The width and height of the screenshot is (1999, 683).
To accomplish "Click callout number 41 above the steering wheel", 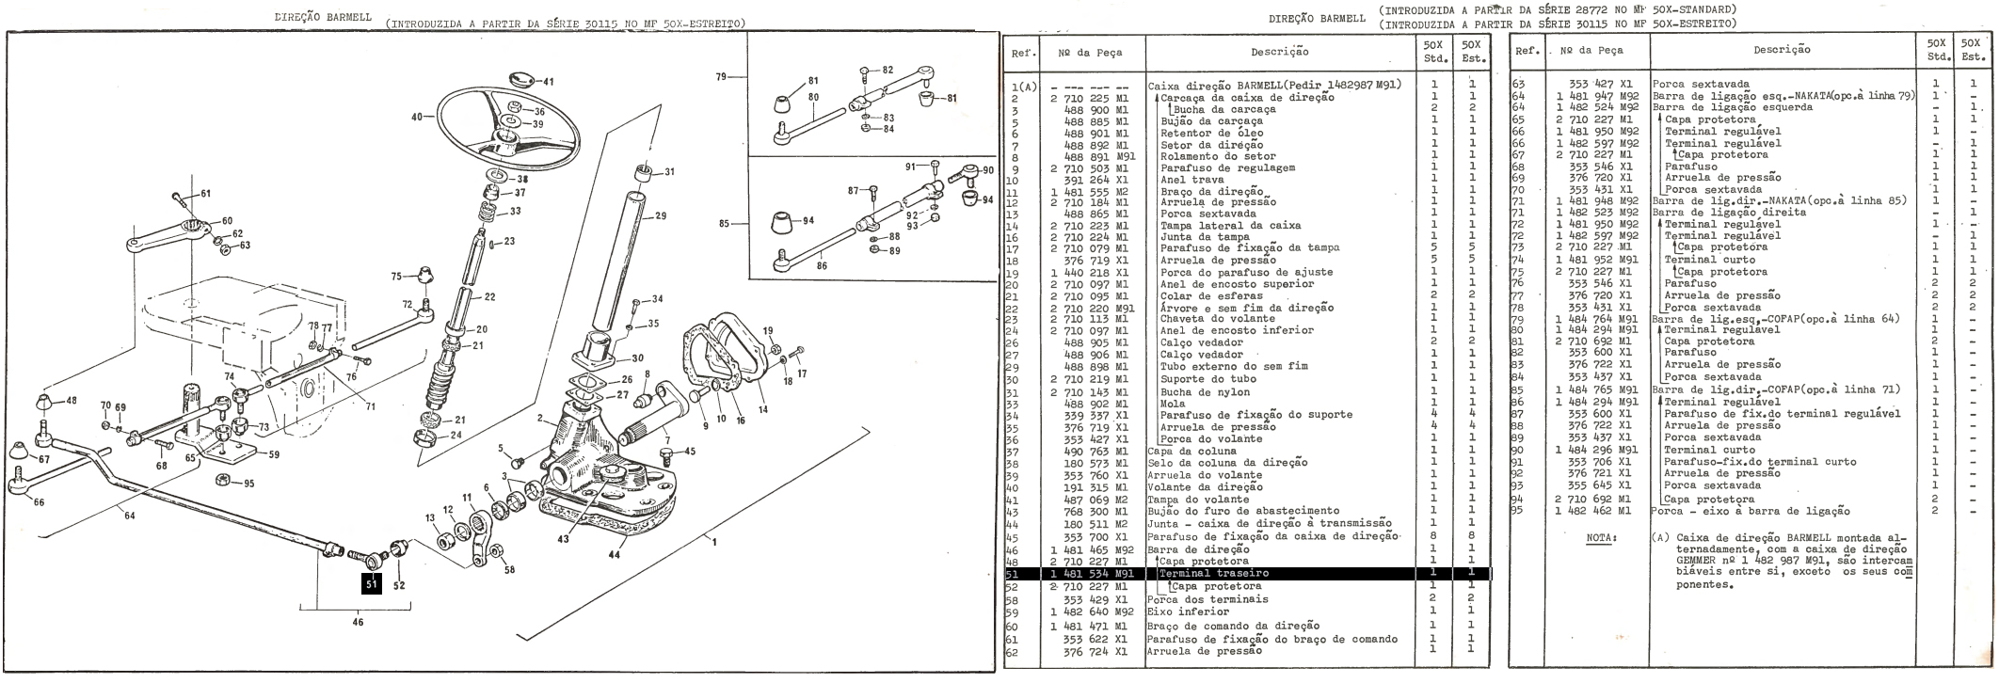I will pos(548,82).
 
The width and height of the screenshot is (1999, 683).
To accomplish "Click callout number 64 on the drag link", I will pos(129,514).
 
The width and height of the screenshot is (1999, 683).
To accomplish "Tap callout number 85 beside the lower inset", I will pos(725,224).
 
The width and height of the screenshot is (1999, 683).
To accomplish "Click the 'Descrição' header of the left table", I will pos(1279,52).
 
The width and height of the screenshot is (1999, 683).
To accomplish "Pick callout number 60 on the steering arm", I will pos(226,220).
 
